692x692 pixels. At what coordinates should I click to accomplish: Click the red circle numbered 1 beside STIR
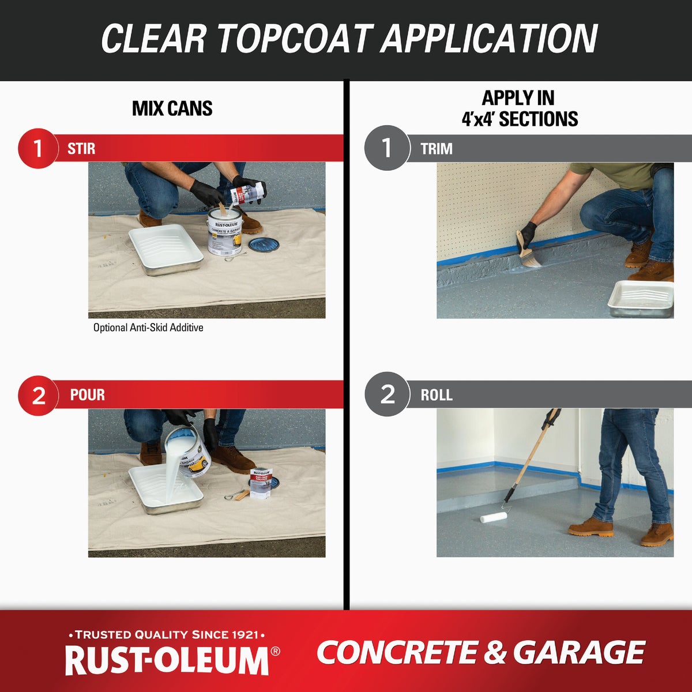[38, 148]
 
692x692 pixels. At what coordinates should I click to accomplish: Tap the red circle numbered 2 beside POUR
[38, 395]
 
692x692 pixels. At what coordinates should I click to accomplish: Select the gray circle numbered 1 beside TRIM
[387, 148]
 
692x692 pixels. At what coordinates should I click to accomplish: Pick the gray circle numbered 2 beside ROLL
[387, 394]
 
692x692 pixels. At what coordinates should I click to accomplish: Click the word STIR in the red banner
[81, 149]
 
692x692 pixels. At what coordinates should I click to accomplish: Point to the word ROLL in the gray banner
[437, 395]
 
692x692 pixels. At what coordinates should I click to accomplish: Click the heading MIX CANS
[172, 108]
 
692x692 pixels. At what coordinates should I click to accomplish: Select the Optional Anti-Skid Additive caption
[148, 328]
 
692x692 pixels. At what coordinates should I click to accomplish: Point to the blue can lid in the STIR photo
[264, 245]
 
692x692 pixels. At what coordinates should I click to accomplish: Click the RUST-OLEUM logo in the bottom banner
[167, 660]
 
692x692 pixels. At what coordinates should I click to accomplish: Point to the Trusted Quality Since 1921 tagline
[167, 635]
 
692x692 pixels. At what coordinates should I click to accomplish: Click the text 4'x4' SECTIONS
[520, 119]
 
